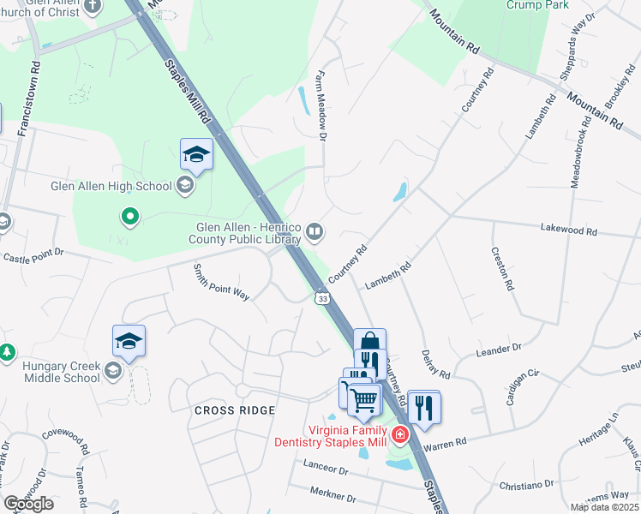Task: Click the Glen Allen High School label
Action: point(111,185)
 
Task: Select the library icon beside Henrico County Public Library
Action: point(315,230)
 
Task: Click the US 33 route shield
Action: point(322,297)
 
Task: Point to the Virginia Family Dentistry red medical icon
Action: point(398,435)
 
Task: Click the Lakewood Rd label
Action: point(568,230)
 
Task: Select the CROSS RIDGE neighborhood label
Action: point(235,410)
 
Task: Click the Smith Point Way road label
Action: point(220,282)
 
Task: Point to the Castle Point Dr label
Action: point(33,256)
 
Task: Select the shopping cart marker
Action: point(364,398)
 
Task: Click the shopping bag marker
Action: point(369,340)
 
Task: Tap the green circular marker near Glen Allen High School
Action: point(130,217)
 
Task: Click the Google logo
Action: point(28,504)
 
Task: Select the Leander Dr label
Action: point(498,350)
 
